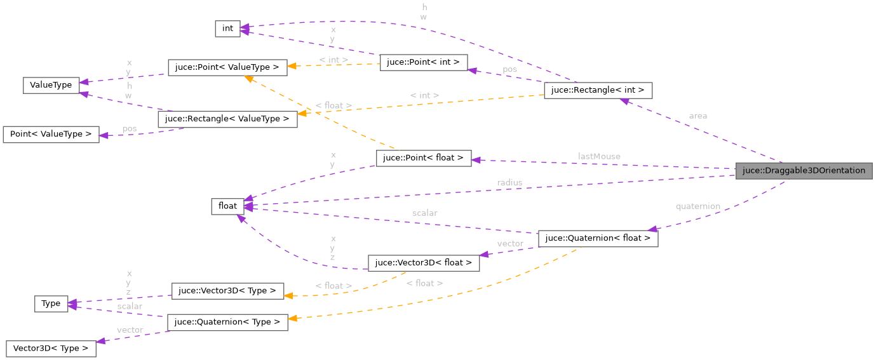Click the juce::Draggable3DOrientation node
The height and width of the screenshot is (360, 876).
(x=804, y=170)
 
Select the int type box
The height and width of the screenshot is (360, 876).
(x=227, y=29)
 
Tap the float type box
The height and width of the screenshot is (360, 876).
(x=227, y=206)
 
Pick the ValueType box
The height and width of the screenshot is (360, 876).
(x=51, y=85)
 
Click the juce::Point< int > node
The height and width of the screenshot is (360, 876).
(x=424, y=62)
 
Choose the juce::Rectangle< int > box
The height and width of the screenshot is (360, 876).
(x=598, y=90)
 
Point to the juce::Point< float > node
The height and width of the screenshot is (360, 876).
(x=424, y=158)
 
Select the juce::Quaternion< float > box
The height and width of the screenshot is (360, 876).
(x=598, y=239)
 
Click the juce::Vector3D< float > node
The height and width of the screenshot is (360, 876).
(x=424, y=263)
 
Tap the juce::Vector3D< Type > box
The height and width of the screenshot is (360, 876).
(x=227, y=291)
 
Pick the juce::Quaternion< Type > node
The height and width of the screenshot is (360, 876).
(x=227, y=322)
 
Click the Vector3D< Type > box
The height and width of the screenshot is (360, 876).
(x=51, y=349)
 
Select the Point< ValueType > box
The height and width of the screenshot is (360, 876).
(x=51, y=134)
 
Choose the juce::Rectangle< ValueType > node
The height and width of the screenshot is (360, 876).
(x=227, y=119)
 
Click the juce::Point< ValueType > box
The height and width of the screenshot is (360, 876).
(x=227, y=67)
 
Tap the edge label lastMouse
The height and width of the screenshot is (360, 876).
(x=599, y=156)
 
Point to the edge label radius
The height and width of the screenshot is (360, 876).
(x=509, y=182)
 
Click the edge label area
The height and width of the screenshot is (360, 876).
(x=697, y=116)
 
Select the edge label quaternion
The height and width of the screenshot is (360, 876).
(x=697, y=206)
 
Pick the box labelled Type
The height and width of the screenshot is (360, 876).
(x=51, y=303)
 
